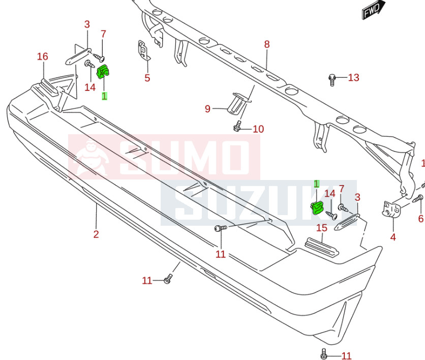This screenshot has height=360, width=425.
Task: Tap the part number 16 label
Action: coord(43,56)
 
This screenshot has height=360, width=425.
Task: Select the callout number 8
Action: coord(267,44)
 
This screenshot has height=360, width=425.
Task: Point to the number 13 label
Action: coord(353,77)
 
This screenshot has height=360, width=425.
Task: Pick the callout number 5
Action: coord(147,78)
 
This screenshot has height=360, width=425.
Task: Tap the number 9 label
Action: coord(207,109)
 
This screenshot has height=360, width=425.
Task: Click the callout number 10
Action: coord(258,129)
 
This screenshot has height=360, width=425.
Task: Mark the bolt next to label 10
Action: coord(238,126)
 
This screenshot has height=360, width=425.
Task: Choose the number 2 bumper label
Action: coord(96,234)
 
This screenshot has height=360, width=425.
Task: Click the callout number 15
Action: coord(322,228)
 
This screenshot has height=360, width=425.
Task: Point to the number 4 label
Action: coord(393,236)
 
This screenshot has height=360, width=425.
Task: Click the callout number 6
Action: coord(420,219)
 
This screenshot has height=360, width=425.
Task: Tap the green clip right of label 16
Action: coord(105,72)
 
